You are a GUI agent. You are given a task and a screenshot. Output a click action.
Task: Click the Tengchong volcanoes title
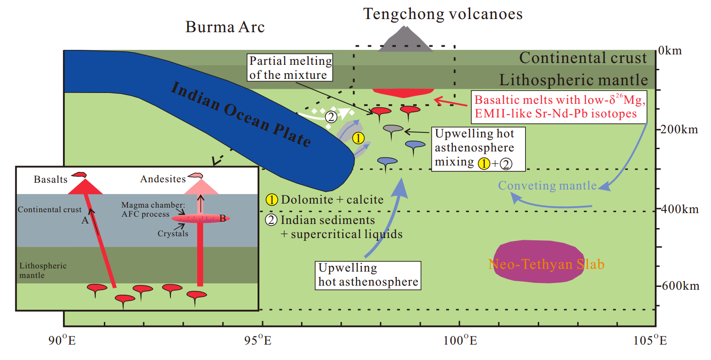[x=443, y=14]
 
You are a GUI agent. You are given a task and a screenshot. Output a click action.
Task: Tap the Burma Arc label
[x=225, y=27]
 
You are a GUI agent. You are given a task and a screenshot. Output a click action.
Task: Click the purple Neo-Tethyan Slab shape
[x=538, y=263]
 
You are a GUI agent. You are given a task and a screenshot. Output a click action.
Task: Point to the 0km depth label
[x=670, y=50]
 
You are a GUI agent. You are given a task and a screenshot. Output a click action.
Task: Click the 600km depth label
[x=680, y=286]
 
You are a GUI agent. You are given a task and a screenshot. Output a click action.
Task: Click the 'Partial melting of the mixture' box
[x=290, y=68]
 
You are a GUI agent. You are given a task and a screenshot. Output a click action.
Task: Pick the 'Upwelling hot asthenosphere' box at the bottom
[x=368, y=275]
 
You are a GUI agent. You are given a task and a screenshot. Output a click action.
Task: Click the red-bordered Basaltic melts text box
[x=560, y=107]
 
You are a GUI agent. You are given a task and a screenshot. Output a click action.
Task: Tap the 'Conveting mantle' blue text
[x=547, y=185]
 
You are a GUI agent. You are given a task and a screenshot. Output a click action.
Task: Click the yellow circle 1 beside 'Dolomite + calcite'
[x=272, y=199]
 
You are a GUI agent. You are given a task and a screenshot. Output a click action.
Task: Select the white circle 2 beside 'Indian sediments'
[x=271, y=220]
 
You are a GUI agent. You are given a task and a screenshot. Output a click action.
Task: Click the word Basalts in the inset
[x=50, y=180]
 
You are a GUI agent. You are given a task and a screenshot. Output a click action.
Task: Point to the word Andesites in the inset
[x=163, y=179]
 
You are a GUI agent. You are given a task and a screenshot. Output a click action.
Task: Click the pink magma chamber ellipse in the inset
[x=200, y=219]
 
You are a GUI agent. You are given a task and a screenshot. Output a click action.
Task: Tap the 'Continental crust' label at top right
[x=583, y=58]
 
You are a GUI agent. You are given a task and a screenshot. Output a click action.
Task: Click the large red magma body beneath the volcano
[x=403, y=92]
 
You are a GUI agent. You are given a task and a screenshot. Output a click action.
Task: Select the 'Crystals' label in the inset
[x=173, y=234]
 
